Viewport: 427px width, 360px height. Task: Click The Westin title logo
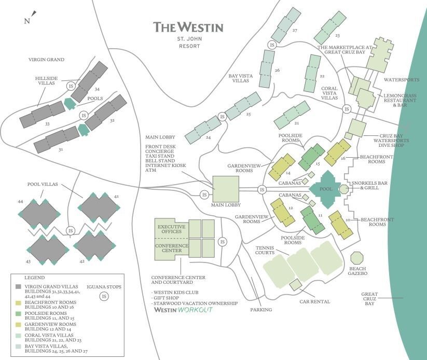pos(188,27)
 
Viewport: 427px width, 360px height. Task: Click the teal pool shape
pos(326,189)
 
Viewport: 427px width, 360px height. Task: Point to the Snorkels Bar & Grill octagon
pos(343,189)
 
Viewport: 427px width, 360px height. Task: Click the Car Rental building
pos(295,284)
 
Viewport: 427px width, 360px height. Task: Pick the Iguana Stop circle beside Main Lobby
pos(205,195)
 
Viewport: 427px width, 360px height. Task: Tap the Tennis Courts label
pos(264,251)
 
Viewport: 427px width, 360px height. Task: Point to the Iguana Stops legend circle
pos(104,296)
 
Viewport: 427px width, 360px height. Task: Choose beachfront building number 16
pos(338,152)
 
